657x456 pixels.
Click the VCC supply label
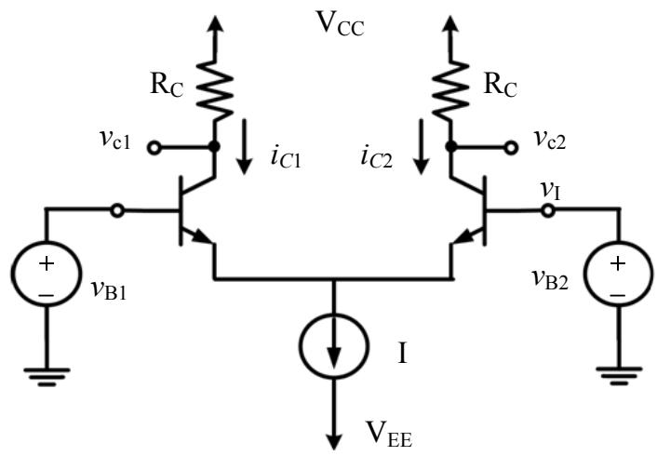[341, 25]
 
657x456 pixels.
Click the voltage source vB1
[47, 275]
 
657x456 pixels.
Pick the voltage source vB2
[619, 275]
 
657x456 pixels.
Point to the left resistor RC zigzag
[215, 90]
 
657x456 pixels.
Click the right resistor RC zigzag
[450, 90]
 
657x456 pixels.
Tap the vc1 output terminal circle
[154, 148]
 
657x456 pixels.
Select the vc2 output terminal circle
[511, 148]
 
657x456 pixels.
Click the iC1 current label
[286, 157]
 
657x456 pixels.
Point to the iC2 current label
[376, 157]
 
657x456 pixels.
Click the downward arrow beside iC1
[244, 147]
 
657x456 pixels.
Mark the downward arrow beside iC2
[422, 147]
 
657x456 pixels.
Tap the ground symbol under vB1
[47, 377]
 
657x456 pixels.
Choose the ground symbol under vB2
[619, 376]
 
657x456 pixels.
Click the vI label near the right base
[550, 191]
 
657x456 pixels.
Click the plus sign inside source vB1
[47, 264]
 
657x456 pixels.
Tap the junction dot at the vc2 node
[450, 147]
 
